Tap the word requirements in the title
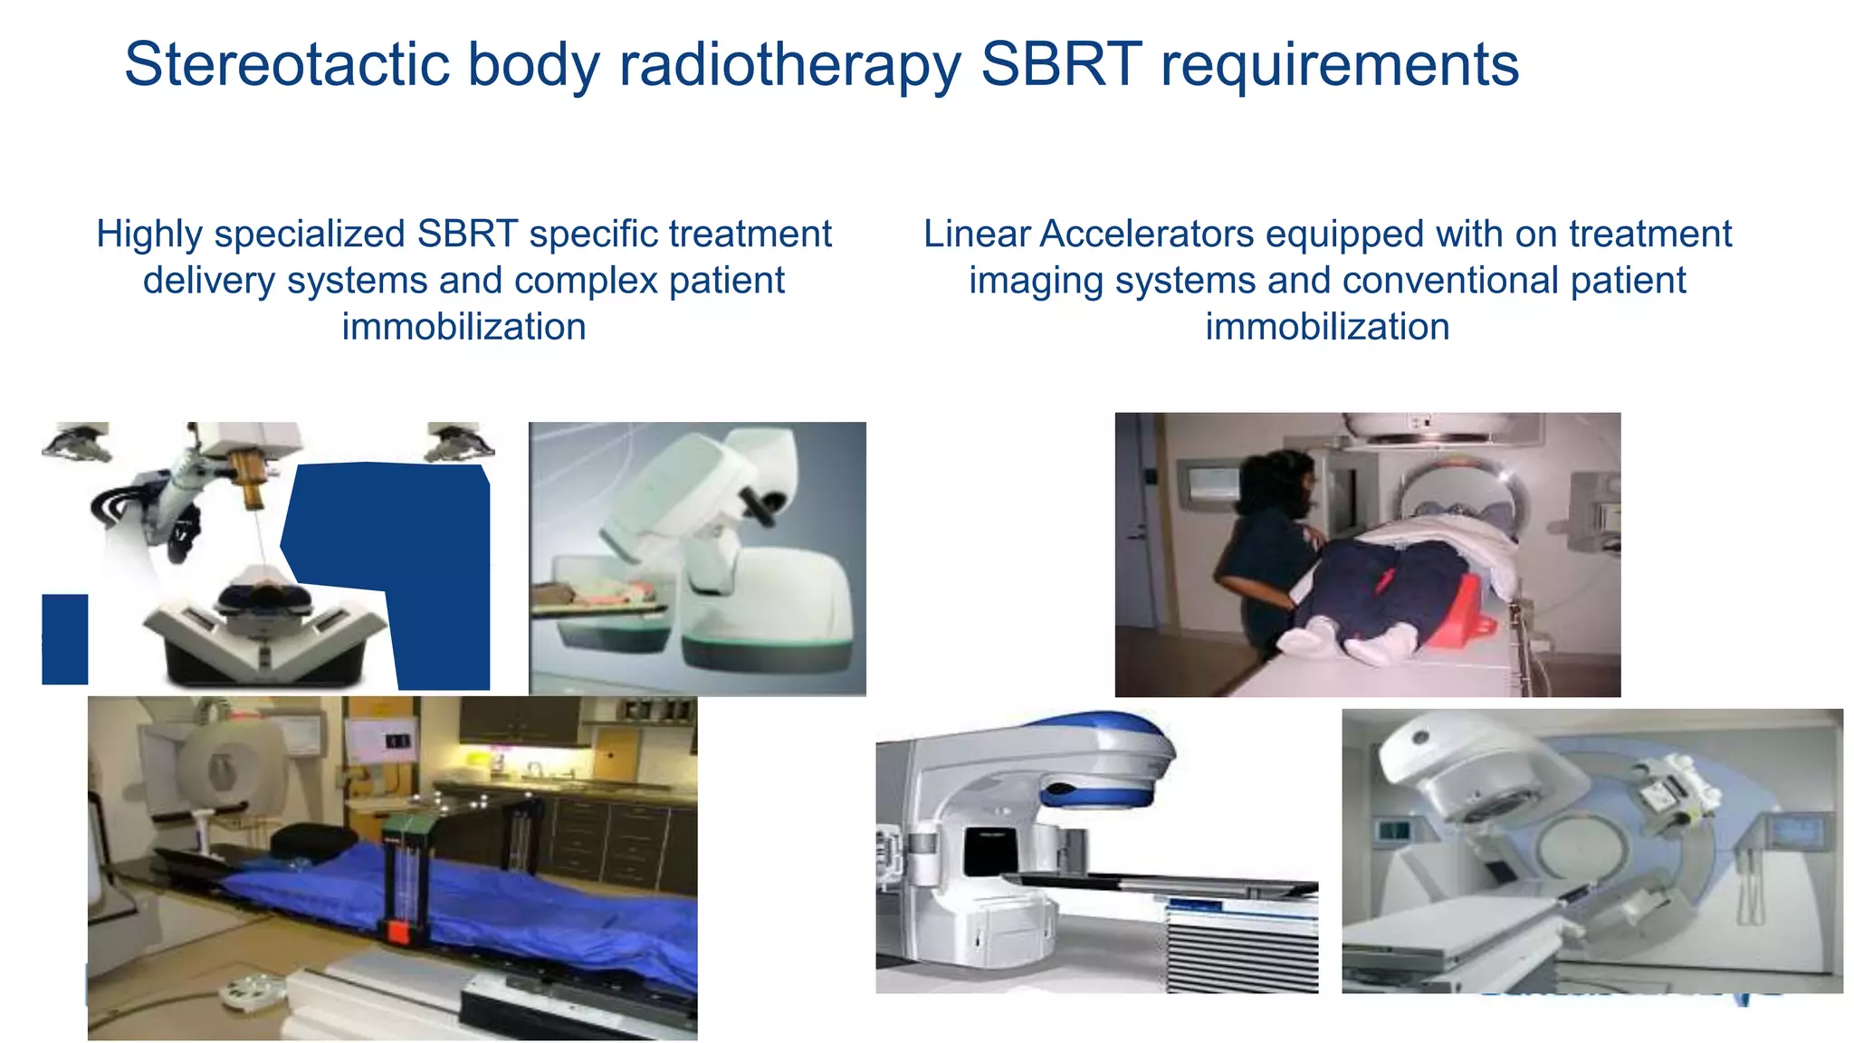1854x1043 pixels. [1339, 65]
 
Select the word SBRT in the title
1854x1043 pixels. [1060, 65]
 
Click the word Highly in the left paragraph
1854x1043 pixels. [149, 234]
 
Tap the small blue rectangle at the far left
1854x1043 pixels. [64, 638]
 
